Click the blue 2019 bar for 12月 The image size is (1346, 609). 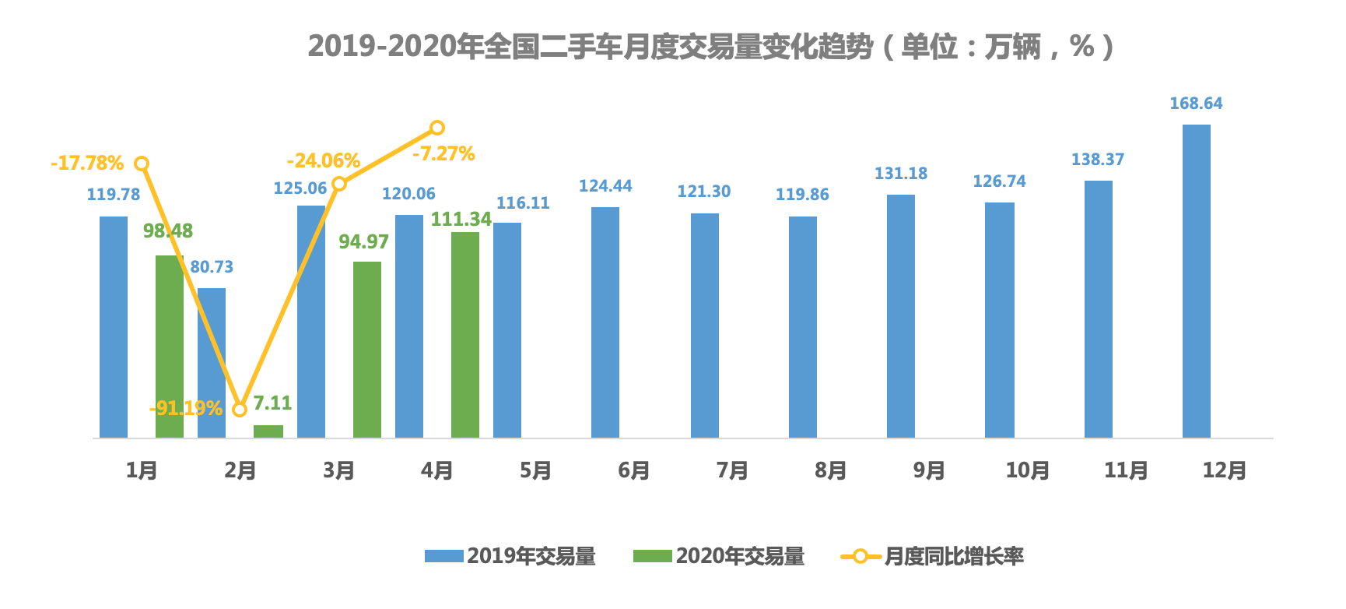(x=1196, y=280)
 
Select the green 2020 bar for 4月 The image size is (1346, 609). (x=465, y=335)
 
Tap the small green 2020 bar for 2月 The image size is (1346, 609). (x=268, y=431)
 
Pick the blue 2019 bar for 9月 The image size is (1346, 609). (x=901, y=315)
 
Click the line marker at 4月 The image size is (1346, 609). (x=437, y=128)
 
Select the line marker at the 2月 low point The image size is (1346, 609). (x=240, y=410)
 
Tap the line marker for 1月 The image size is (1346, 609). (x=142, y=164)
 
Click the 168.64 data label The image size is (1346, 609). (x=1196, y=104)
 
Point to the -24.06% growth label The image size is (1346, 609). (x=323, y=161)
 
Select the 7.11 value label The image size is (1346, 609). (x=272, y=403)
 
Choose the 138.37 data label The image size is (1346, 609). (x=1097, y=160)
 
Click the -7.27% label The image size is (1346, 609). (x=443, y=153)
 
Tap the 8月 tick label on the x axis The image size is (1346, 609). (x=830, y=470)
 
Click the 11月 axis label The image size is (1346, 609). (x=1126, y=470)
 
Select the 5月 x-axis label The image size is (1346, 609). (x=535, y=470)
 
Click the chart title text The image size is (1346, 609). (x=711, y=47)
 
